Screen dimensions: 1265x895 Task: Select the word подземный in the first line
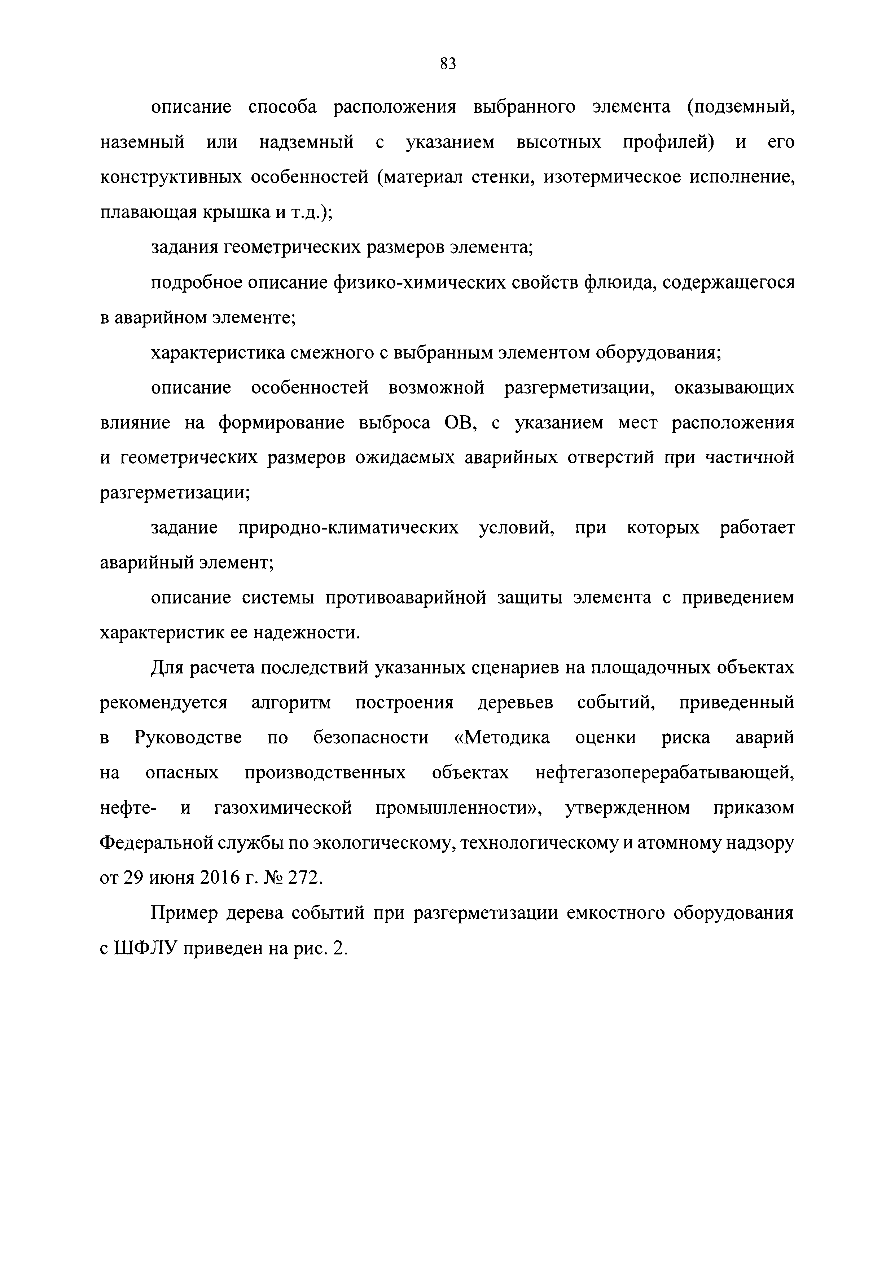tap(741, 107)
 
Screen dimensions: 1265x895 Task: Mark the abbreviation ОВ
tap(460, 423)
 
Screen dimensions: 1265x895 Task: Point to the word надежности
tap(306, 633)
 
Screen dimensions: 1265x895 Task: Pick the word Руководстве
tap(188, 738)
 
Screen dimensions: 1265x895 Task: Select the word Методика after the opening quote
tap(508, 738)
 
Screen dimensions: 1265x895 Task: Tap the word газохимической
tap(283, 808)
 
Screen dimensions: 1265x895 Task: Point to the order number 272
tap(303, 878)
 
